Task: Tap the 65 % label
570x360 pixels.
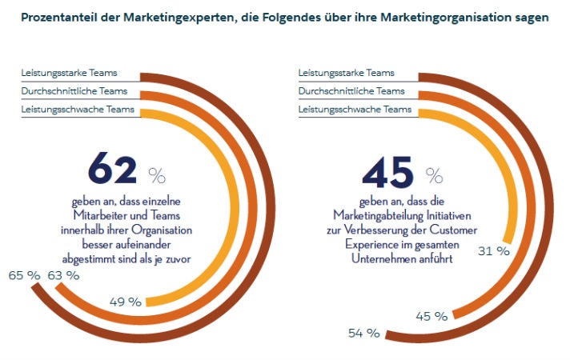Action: (x=24, y=275)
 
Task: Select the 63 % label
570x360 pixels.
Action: (x=64, y=275)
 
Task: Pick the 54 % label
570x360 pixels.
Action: (x=363, y=333)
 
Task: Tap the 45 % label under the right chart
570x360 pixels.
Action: (x=432, y=316)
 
